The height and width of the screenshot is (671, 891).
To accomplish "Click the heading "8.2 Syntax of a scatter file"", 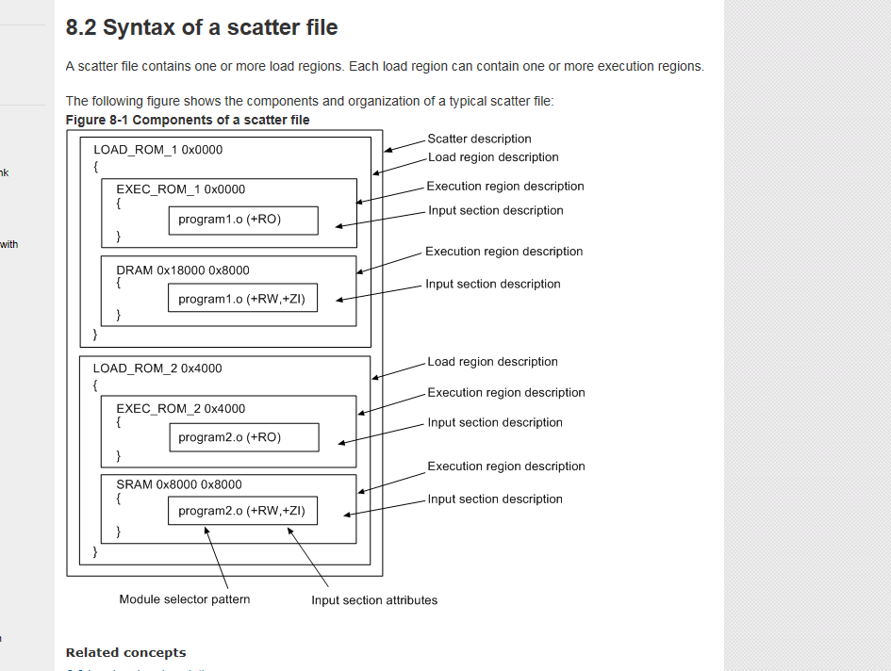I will click(x=201, y=28).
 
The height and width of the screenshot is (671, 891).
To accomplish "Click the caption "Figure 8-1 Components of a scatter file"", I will click(x=188, y=120).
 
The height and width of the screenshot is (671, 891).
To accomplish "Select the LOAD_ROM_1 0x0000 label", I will click(x=157, y=150).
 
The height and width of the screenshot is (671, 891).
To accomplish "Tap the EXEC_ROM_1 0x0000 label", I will click(x=180, y=189).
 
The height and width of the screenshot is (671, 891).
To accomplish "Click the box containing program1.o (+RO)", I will click(x=243, y=220).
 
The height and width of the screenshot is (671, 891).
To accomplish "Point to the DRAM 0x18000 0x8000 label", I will click(x=183, y=270).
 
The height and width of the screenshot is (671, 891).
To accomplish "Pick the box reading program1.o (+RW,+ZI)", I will click(x=243, y=299).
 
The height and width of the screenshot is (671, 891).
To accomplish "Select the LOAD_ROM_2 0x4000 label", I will click(x=157, y=368).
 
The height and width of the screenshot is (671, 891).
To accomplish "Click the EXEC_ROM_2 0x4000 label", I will click(x=180, y=409).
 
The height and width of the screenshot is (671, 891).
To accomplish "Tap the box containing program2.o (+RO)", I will click(x=243, y=437).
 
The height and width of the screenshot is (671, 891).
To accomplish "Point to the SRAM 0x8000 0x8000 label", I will click(x=179, y=484).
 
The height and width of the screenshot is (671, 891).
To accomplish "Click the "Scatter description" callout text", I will click(x=479, y=139).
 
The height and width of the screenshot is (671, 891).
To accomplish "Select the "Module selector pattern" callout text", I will click(x=185, y=599).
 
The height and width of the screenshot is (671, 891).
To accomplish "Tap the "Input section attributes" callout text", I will click(x=374, y=600).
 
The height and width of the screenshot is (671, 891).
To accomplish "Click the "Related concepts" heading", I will click(x=125, y=652).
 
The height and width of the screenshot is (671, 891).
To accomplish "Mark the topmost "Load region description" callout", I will click(x=493, y=157).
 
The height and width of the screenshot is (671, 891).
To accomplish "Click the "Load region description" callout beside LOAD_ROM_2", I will click(x=492, y=362).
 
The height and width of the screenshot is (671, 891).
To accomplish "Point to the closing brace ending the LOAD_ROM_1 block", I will click(x=95, y=334).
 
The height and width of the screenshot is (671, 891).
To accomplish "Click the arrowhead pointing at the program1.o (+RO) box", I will click(x=338, y=225).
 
